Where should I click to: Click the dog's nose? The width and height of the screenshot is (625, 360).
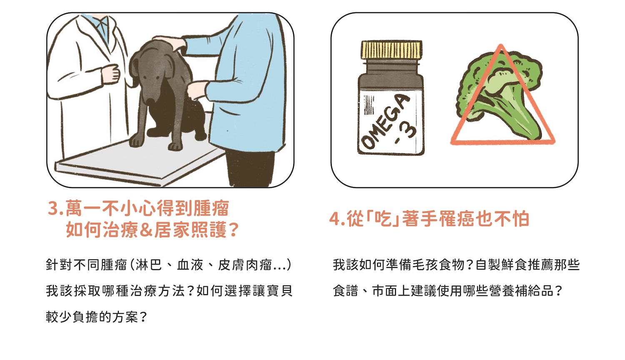[151, 101]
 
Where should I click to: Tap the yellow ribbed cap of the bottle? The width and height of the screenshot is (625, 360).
[392, 50]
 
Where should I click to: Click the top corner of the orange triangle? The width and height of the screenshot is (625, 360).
[501, 45]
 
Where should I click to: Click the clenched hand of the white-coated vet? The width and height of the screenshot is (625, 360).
[111, 73]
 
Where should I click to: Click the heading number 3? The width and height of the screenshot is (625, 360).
[54, 208]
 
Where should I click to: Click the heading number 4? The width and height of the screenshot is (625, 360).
[335, 219]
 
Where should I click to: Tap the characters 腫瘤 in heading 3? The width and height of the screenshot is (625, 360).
[211, 208]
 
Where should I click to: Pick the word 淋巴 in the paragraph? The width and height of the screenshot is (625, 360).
[148, 265]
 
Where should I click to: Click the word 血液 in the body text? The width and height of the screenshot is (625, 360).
[190, 265]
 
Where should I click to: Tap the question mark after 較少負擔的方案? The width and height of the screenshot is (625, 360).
[142, 317]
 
